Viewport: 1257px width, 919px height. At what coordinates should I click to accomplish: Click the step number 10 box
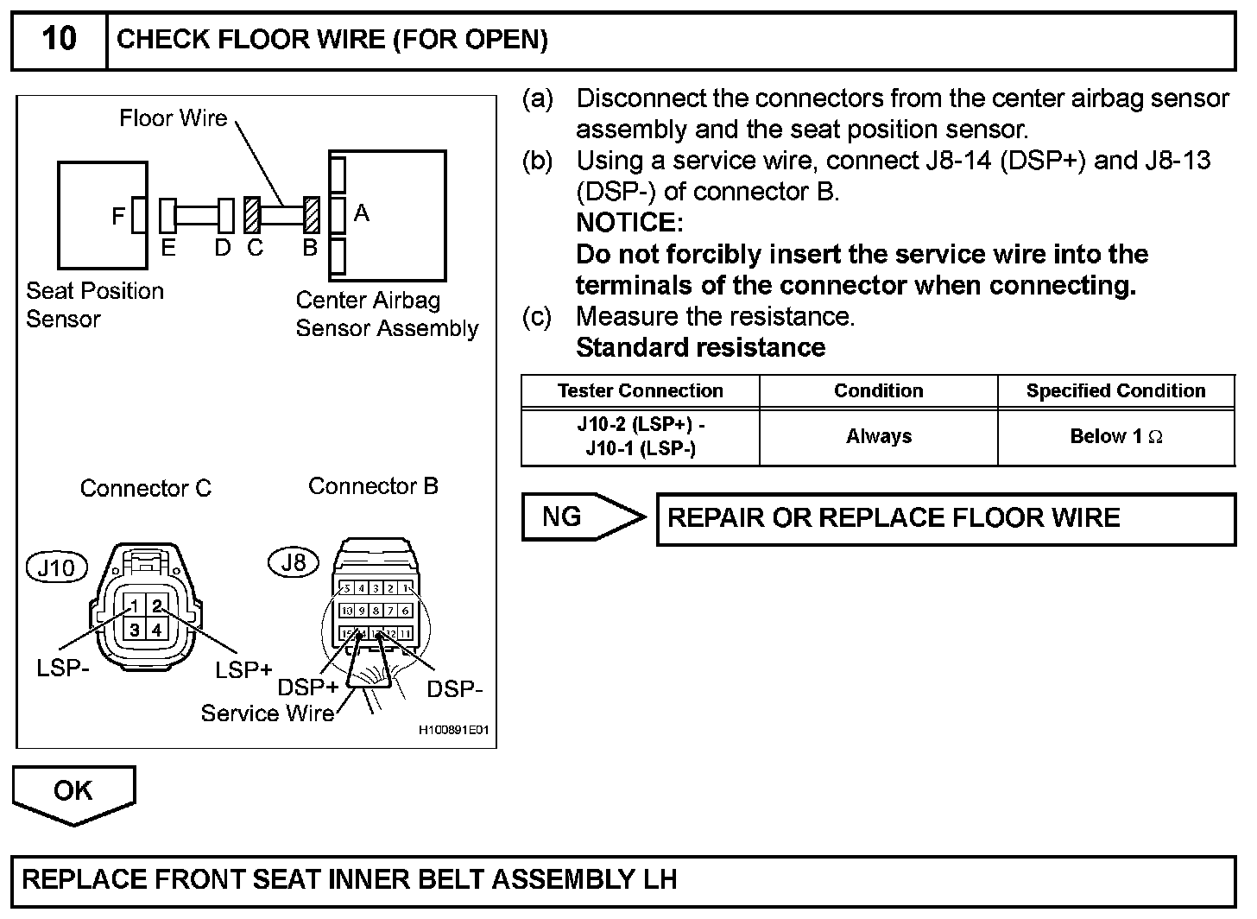[59, 40]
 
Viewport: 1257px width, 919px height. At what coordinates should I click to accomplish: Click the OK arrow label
[73, 790]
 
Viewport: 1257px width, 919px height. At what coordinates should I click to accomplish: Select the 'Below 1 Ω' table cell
[1116, 437]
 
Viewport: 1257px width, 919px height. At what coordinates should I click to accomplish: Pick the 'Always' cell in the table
[878, 437]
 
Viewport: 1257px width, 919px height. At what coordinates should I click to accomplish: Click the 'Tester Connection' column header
[640, 390]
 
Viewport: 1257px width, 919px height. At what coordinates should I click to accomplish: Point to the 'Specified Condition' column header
[1116, 390]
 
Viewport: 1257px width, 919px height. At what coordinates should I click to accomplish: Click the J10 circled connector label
[57, 567]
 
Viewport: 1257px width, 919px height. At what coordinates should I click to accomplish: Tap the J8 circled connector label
[294, 563]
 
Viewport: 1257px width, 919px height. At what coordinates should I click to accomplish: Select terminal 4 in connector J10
[156, 629]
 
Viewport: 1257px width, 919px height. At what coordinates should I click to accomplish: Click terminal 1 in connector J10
[135, 606]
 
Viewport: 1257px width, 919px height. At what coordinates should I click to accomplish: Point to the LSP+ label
[243, 669]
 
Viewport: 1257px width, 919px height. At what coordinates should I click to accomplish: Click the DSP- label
[454, 688]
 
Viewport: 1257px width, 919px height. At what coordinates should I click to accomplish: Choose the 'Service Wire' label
[267, 713]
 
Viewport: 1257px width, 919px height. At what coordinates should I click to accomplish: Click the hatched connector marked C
[252, 215]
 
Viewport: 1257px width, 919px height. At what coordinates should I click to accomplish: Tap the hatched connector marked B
[312, 215]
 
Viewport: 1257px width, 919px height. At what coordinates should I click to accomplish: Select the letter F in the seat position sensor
[118, 216]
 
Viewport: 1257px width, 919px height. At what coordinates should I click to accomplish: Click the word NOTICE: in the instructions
[629, 223]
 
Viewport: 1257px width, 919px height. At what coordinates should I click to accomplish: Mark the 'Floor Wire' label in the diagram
[173, 118]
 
